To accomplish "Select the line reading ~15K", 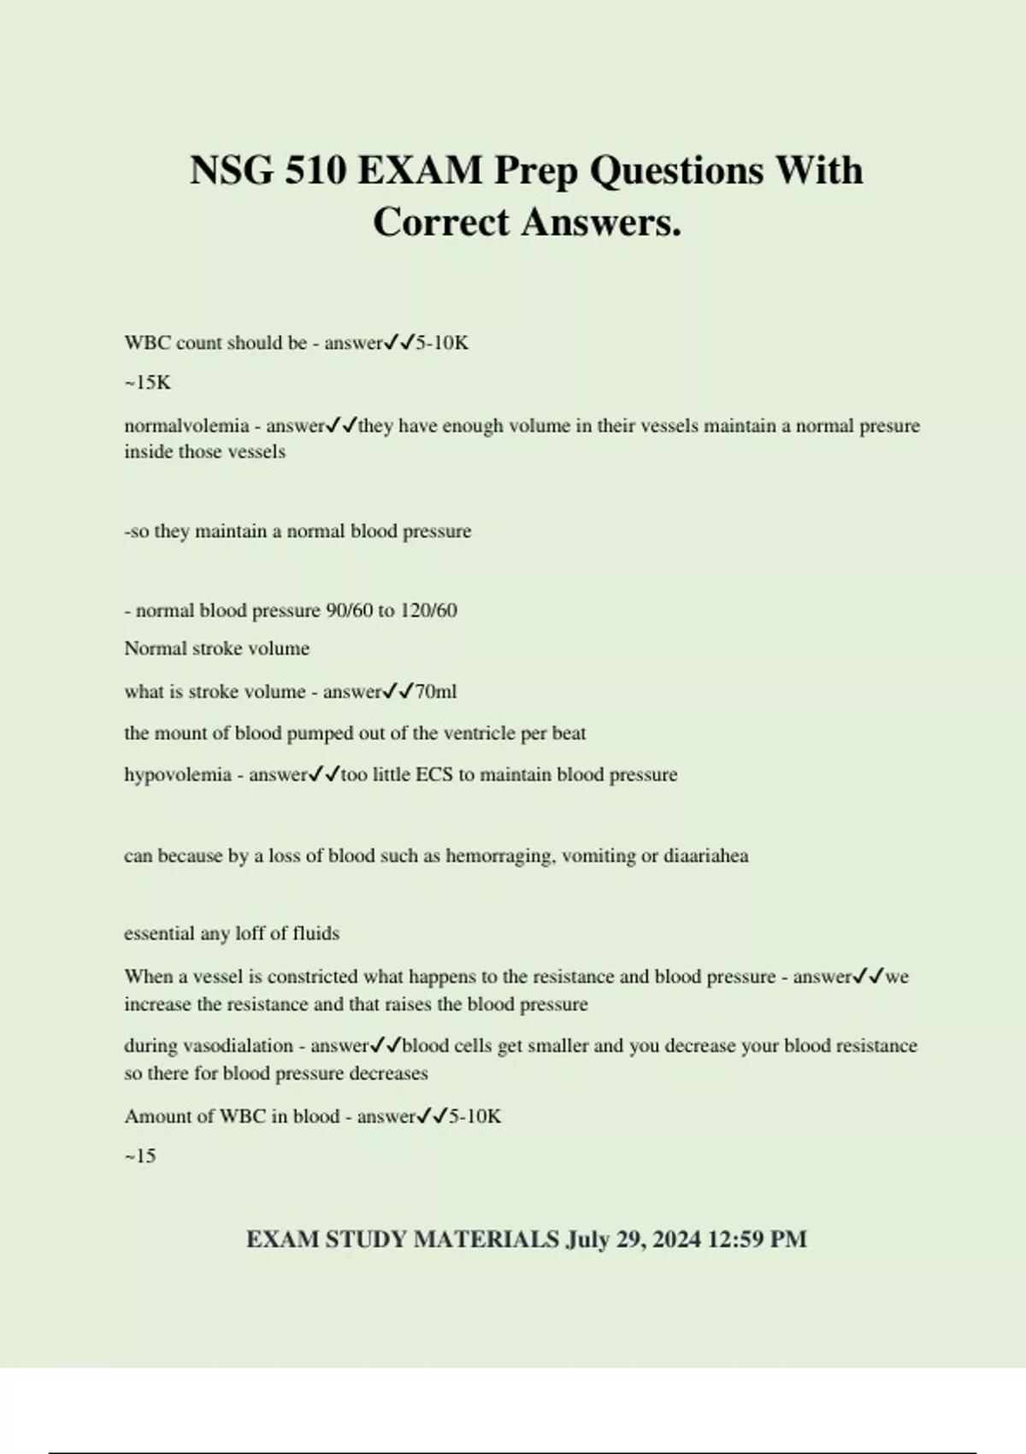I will click(x=148, y=382).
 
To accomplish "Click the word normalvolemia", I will click(x=186, y=426).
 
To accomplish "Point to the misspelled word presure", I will click(x=889, y=426).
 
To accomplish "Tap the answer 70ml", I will click(x=436, y=692).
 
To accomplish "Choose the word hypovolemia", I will click(x=178, y=775).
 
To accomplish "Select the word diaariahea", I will click(x=706, y=856).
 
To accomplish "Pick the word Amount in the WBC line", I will click(x=156, y=1116).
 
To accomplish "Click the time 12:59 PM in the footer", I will click(x=758, y=1239).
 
